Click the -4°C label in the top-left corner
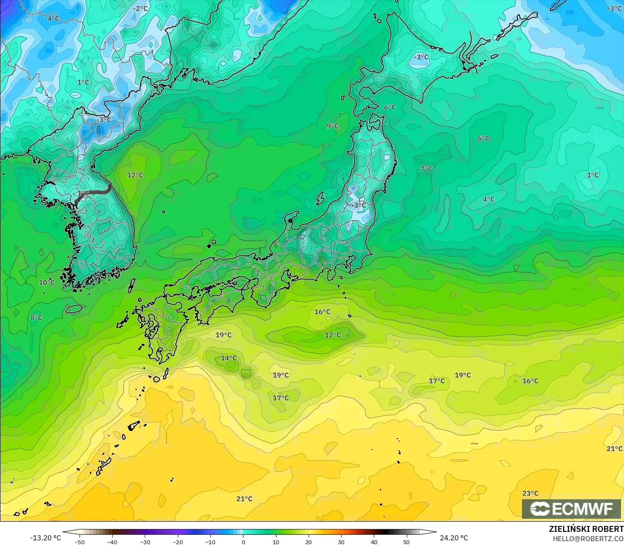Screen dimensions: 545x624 point(52,19)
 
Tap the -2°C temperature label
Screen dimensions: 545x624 point(141,8)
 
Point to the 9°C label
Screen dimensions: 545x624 point(333,126)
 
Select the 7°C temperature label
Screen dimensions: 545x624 point(426,169)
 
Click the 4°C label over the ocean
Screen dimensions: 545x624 point(489,199)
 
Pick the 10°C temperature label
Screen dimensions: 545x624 point(47,282)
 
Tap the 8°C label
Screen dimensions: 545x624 point(36,317)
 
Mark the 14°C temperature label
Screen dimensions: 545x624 point(229,358)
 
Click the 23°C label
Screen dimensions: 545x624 point(530,493)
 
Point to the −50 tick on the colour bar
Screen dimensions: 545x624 point(79,542)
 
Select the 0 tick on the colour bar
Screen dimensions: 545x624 point(243,542)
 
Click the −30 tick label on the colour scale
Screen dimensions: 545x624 point(145,542)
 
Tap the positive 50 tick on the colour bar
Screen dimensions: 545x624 point(407,542)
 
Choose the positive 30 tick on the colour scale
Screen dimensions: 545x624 point(341,542)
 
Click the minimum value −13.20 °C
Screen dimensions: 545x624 point(45,538)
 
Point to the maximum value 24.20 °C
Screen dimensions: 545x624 point(454,538)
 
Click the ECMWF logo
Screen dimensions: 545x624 point(571,509)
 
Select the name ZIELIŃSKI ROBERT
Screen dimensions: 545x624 point(586,529)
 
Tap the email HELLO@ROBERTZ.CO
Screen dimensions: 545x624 point(588,538)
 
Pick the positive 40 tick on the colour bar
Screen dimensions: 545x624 point(374,542)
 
